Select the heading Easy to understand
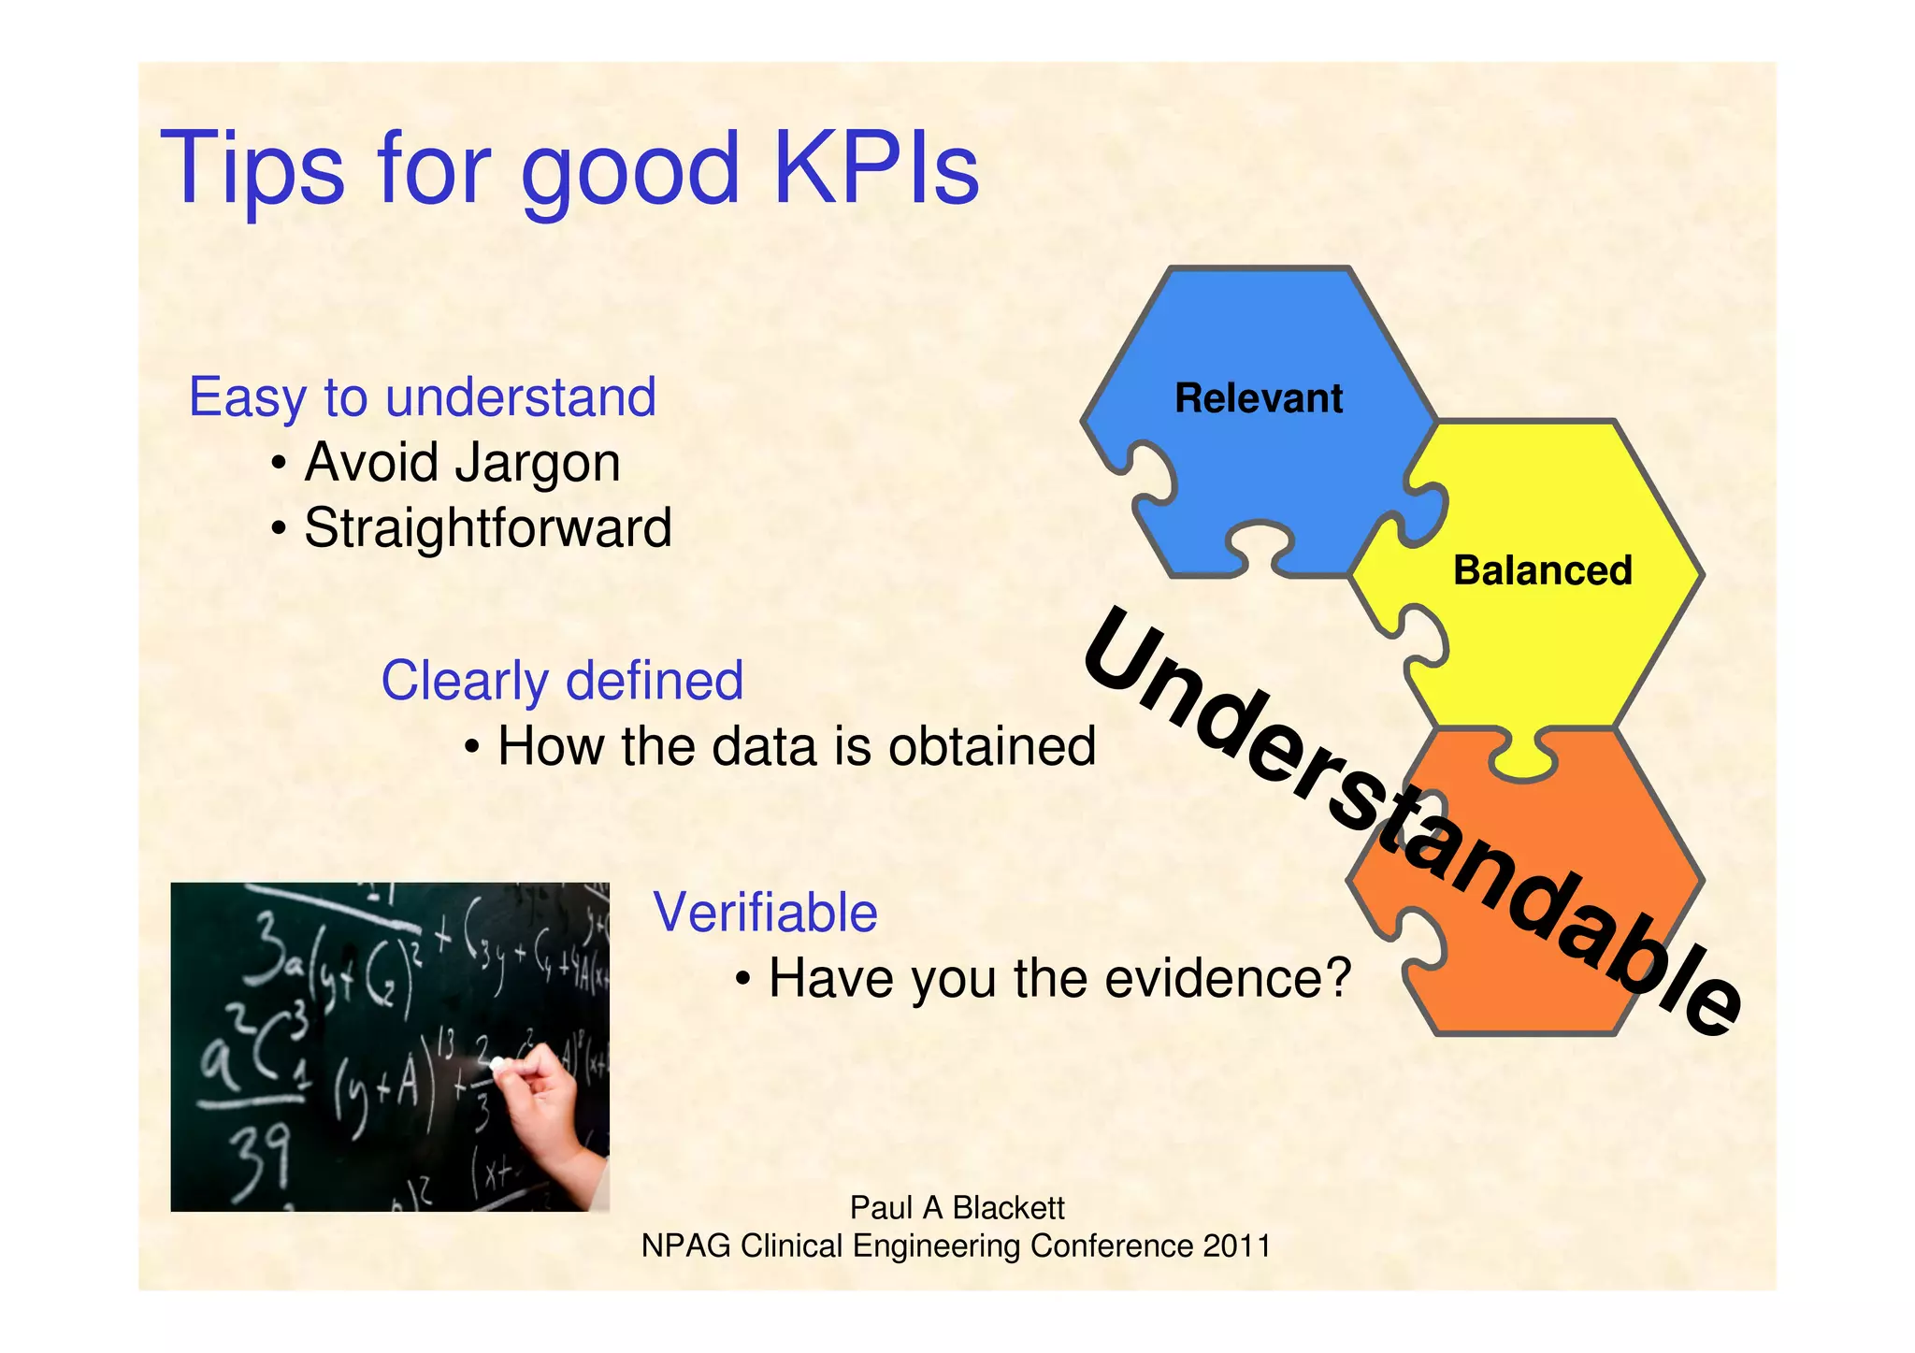pyautogui.click(x=422, y=397)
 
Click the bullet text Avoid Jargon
pyautogui.click(x=462, y=463)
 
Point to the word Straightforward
pyautogui.click(x=487, y=528)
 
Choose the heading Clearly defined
pyautogui.click(x=562, y=681)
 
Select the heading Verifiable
pyautogui.click(x=765, y=913)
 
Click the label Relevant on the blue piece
pyautogui.click(x=1258, y=398)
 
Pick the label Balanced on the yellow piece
pyautogui.click(x=1542, y=570)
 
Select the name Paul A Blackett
pyautogui.click(x=956, y=1208)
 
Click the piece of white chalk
pyautogui.click(x=498, y=1064)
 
